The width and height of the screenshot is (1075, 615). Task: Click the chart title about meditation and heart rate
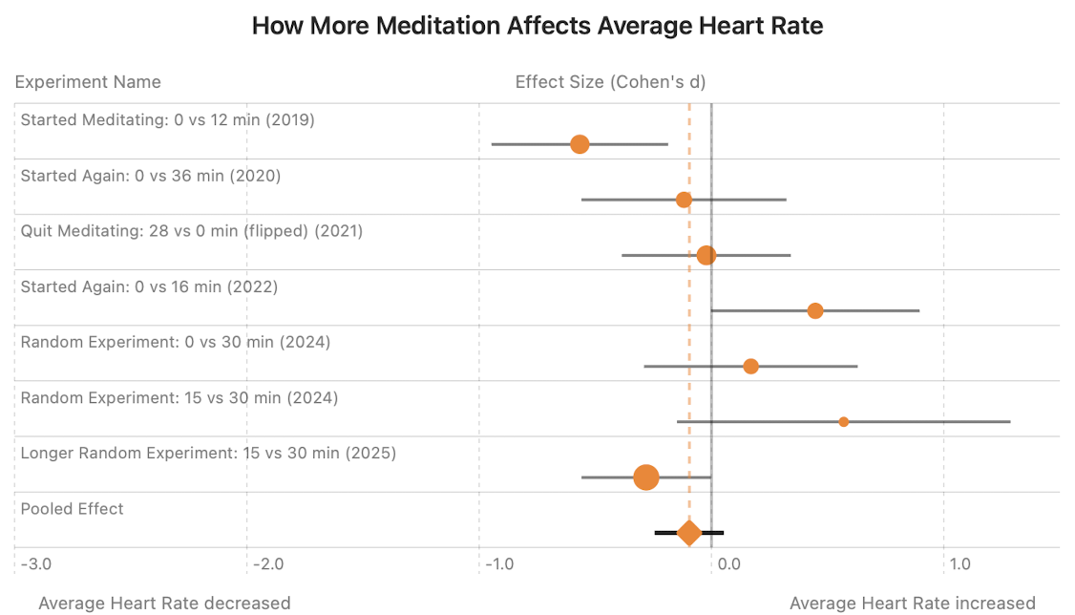click(537, 26)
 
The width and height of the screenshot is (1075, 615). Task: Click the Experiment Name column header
click(88, 82)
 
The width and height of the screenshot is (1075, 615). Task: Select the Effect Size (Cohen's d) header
click(610, 82)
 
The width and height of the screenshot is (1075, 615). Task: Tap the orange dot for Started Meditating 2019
click(580, 144)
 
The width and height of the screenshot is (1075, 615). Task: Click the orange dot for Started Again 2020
click(684, 200)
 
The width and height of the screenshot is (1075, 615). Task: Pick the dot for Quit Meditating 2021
click(706, 255)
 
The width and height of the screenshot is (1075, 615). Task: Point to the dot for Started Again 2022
click(815, 310)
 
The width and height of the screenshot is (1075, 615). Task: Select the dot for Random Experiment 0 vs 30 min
click(750, 367)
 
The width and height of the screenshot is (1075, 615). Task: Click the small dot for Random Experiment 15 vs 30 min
click(843, 421)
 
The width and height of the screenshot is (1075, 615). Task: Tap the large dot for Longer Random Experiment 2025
click(646, 477)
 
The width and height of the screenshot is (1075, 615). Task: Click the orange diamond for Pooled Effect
click(689, 533)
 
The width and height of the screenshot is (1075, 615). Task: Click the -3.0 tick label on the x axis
click(35, 564)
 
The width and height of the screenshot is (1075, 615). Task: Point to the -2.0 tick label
click(267, 564)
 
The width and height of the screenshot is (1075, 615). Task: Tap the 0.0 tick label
click(728, 564)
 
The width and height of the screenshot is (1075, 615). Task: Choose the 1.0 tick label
click(959, 564)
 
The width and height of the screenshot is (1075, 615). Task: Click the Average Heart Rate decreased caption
click(164, 603)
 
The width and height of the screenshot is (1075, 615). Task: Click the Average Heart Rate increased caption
click(913, 603)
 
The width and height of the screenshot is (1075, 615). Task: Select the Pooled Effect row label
click(73, 509)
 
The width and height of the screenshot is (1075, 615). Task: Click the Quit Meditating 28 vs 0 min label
click(191, 231)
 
